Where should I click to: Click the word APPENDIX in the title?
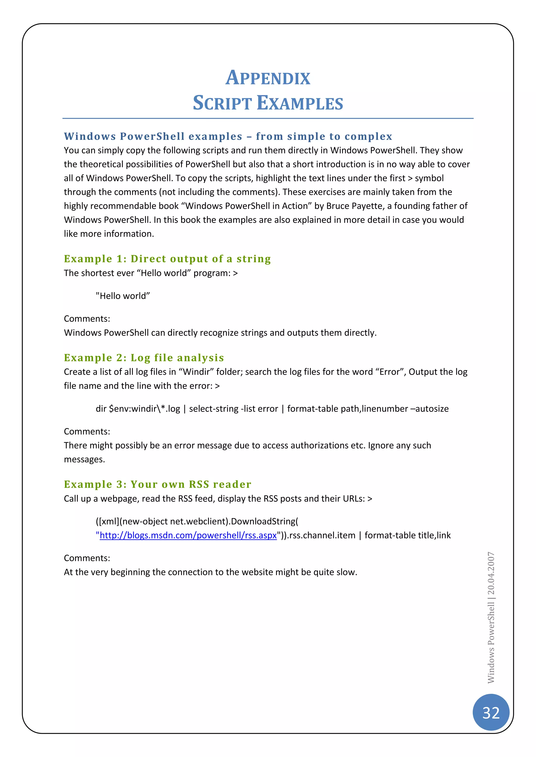click(x=268, y=78)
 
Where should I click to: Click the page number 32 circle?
click(x=491, y=713)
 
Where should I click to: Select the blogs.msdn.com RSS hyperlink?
click(x=188, y=535)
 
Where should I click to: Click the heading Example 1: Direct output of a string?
click(x=167, y=259)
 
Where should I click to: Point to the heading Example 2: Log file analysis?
click(x=144, y=358)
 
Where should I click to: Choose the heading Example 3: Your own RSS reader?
click(x=158, y=484)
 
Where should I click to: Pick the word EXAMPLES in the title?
click(x=300, y=103)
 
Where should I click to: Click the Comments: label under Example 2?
click(x=87, y=431)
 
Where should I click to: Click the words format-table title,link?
click(x=407, y=535)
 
